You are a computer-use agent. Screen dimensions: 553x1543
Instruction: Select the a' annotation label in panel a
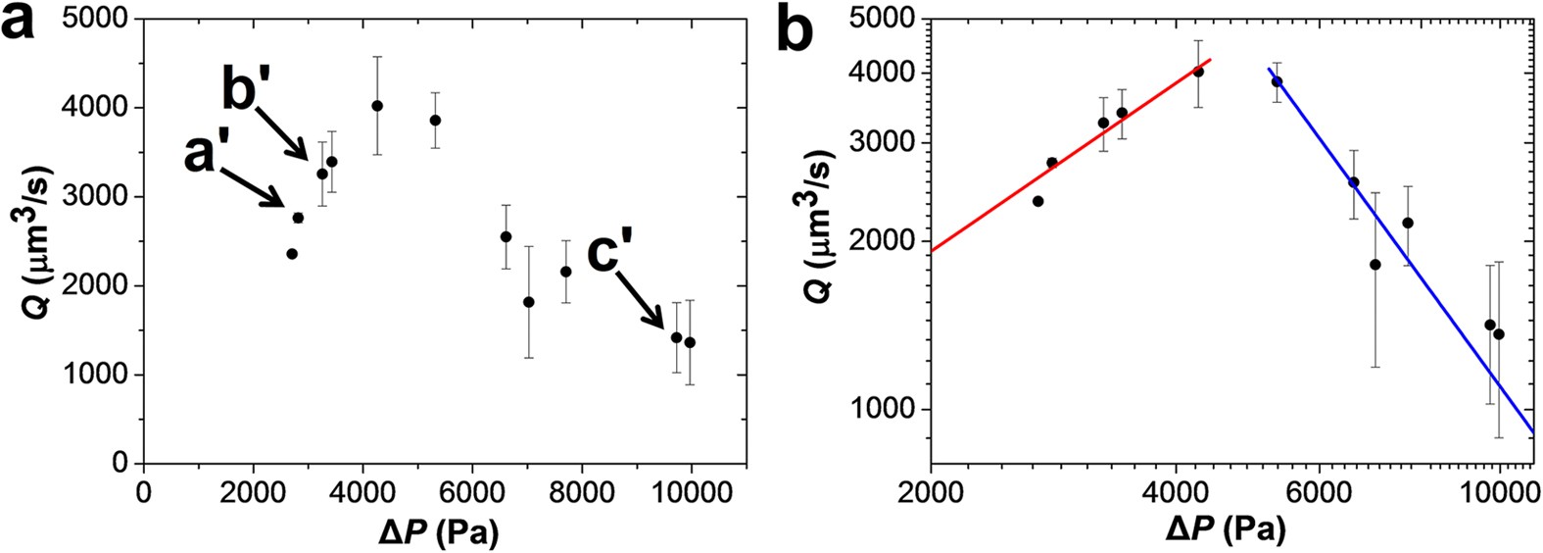pos(214,153)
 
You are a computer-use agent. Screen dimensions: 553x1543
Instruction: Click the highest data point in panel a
pos(377,106)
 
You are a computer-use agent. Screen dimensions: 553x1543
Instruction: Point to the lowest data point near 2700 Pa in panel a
pos(292,254)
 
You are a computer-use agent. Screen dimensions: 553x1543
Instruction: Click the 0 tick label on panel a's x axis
pos(145,491)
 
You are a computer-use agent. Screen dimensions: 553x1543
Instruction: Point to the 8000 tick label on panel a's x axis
pos(582,491)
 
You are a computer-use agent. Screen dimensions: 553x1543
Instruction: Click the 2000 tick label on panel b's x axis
pos(931,491)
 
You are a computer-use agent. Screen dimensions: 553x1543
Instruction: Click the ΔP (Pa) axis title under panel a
pos(439,532)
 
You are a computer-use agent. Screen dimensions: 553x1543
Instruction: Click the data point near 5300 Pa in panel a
pos(435,121)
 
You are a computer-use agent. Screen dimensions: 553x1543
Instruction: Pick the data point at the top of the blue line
pos(1277,81)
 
